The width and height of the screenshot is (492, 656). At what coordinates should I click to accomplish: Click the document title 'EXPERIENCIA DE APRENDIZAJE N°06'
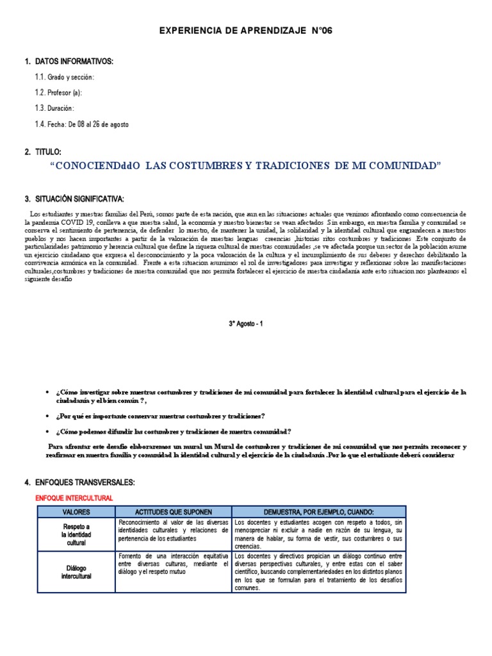[245, 31]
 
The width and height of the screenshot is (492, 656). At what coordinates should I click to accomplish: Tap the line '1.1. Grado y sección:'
[65, 77]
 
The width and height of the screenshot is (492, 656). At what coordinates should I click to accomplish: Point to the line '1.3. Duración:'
[55, 108]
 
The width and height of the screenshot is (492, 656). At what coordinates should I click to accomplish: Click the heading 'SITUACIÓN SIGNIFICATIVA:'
[83, 199]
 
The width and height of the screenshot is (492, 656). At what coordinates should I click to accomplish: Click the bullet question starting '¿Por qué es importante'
[160, 416]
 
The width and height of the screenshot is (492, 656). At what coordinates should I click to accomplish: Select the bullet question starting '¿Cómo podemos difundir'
[174, 431]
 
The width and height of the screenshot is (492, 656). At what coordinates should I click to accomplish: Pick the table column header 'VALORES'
[76, 512]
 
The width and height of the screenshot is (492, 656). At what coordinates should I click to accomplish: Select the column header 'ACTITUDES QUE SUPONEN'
[173, 512]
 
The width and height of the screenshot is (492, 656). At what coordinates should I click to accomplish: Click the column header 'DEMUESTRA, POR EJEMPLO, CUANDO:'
[318, 512]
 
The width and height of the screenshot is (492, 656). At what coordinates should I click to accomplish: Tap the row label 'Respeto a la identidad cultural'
[76, 534]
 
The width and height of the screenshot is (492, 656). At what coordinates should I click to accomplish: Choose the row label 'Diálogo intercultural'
[76, 572]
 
